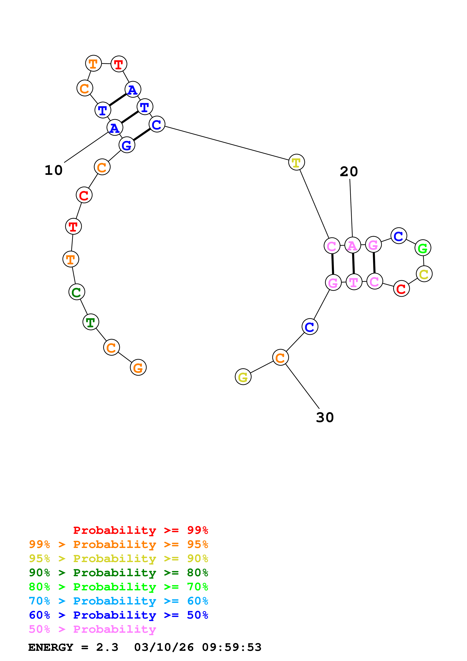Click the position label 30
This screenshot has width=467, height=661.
point(325,417)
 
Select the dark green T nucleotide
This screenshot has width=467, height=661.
point(91,322)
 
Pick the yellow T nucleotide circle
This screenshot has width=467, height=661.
point(296,162)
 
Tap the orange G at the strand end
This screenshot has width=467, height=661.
point(138,368)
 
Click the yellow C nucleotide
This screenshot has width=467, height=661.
point(424,274)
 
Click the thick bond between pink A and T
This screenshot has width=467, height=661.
point(353,263)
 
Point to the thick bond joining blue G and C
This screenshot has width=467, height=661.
point(141,135)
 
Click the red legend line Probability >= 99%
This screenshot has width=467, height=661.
point(140,530)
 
